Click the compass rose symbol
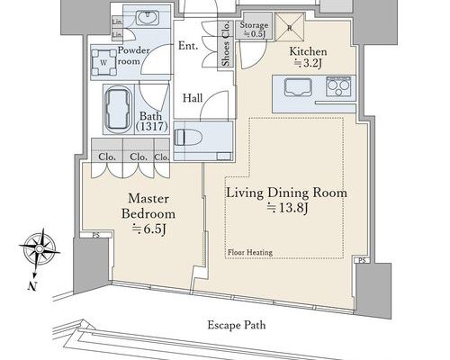point(40,249)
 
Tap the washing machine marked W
point(103,63)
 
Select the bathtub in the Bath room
point(118,109)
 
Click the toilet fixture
point(188,137)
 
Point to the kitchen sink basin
point(298,87)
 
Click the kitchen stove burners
point(338,86)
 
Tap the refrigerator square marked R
point(290,28)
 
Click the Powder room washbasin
point(147,17)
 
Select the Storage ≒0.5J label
point(254,29)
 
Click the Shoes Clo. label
point(226,44)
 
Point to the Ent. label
point(188,46)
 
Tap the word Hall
point(193,98)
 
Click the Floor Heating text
point(250,252)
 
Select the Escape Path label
point(237,325)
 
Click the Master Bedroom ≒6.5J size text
point(149,229)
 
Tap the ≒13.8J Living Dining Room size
point(288,208)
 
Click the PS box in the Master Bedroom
point(95,235)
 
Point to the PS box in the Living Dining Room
point(362,260)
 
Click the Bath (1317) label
point(151,121)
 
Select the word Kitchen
point(308,51)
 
